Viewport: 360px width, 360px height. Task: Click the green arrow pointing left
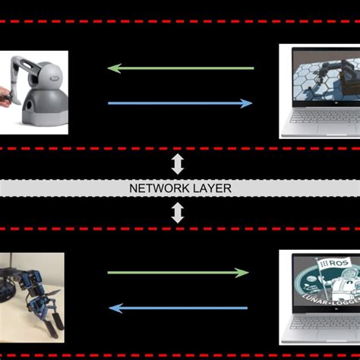181,68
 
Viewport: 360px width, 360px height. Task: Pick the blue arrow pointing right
181,103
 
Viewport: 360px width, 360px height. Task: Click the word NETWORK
159,188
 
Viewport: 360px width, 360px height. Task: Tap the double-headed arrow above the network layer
178,164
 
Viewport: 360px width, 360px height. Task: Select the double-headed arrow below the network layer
178,212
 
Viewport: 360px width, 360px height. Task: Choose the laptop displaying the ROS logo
319,296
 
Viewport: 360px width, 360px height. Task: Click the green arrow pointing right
178,273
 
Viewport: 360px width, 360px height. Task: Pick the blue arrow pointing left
178,308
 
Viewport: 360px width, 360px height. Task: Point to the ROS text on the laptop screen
335,263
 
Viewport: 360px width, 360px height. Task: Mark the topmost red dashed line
180,22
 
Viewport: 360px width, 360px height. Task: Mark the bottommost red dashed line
180,354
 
